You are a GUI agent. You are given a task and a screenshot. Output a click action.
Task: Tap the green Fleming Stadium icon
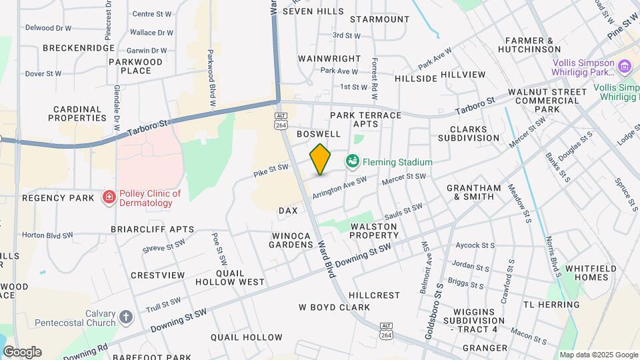[352, 161]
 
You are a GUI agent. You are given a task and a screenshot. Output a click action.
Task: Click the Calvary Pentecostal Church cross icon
[127, 317]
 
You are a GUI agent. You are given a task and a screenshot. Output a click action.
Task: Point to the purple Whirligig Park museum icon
[624, 66]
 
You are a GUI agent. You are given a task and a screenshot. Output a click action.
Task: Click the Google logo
[22, 351]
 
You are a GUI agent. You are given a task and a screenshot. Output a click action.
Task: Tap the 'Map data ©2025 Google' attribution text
[598, 355]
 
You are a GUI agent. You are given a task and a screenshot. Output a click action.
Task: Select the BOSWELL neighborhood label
[319, 133]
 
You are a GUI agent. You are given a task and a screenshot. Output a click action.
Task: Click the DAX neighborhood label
[288, 210]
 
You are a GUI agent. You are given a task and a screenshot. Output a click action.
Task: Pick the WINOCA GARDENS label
[291, 240]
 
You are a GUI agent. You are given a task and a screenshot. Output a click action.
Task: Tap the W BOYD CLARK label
[334, 307]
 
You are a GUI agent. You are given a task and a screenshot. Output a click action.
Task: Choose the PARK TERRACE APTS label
[366, 119]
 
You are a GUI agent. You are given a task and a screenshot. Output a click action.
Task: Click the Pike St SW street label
[271, 171]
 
